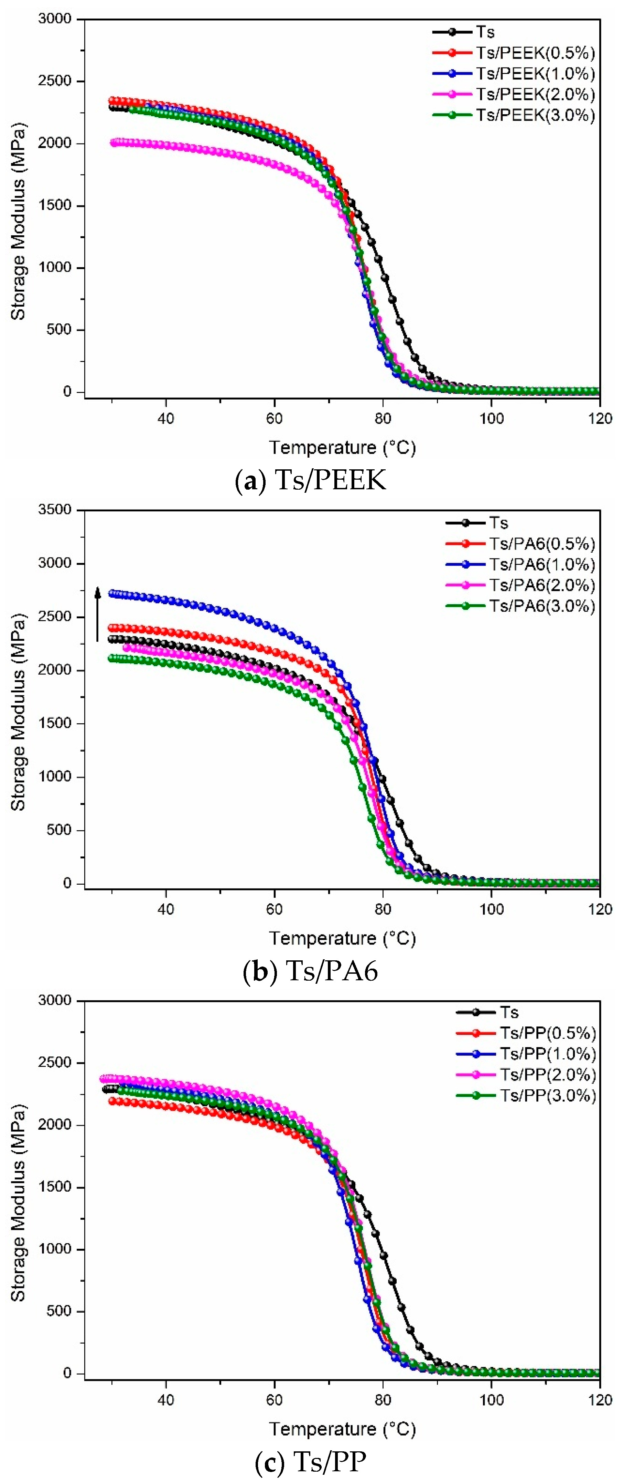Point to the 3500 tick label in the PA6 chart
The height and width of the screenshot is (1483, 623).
pyautogui.click(x=55, y=510)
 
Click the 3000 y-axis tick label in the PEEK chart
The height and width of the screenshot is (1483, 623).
pyautogui.click(x=55, y=19)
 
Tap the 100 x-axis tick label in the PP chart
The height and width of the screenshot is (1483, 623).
pyautogui.click(x=491, y=1400)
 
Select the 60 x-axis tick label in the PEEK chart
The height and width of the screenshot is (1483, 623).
pyautogui.click(x=274, y=418)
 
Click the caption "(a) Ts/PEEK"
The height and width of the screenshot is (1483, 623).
pyautogui.click(x=311, y=480)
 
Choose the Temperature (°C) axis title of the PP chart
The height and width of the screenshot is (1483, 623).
pyautogui.click(x=342, y=1429)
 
